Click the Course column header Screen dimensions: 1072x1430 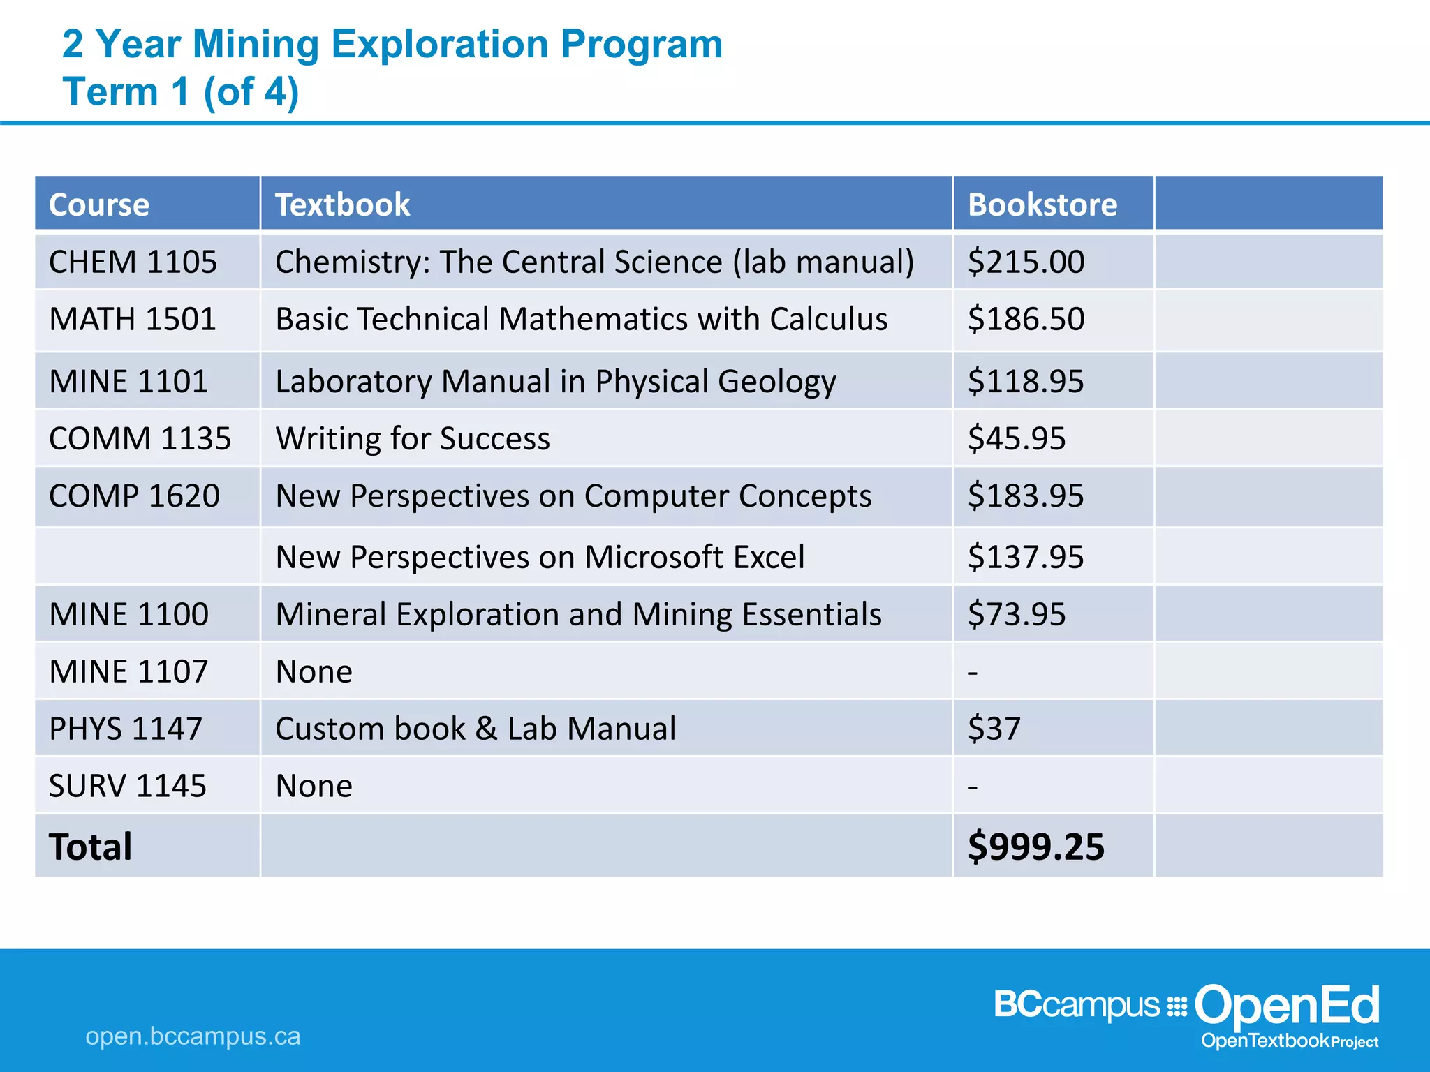99,204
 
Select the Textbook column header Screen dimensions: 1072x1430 342,204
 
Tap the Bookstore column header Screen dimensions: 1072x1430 1042,204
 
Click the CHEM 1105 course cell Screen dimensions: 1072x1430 133,262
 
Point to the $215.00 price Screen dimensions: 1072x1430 1026,262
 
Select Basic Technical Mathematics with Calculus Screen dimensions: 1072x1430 581,320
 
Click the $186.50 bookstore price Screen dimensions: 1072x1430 1026,320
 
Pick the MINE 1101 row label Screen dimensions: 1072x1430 128,382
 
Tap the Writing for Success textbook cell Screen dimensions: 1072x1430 413,439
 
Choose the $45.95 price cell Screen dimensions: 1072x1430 1017,439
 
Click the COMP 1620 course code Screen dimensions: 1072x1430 134,496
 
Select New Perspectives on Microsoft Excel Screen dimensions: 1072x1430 540,558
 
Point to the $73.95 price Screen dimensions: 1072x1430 1017,615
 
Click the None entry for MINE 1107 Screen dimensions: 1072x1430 314,672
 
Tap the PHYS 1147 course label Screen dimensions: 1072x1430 126,729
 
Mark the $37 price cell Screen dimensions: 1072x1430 994,729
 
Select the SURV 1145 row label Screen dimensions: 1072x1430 128,787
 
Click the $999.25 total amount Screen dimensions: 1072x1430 1035,847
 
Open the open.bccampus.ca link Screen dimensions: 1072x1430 193,1036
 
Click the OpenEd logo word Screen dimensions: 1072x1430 1287,1006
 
